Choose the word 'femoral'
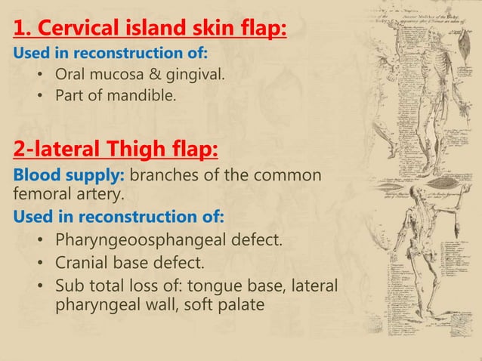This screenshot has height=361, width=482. [41, 196]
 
